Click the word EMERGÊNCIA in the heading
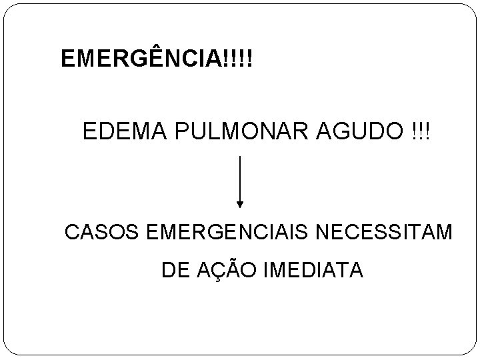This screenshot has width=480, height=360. [143, 59]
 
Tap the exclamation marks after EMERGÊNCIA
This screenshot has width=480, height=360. [240, 59]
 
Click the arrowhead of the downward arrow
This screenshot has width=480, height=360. [240, 203]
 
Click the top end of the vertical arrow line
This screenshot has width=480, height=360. [240, 157]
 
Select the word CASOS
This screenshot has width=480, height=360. [100, 234]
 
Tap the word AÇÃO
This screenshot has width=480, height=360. [226, 270]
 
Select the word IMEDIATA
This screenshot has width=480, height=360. [314, 271]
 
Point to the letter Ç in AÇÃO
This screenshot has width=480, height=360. [218, 271]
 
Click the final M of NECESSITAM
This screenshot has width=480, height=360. [444, 234]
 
